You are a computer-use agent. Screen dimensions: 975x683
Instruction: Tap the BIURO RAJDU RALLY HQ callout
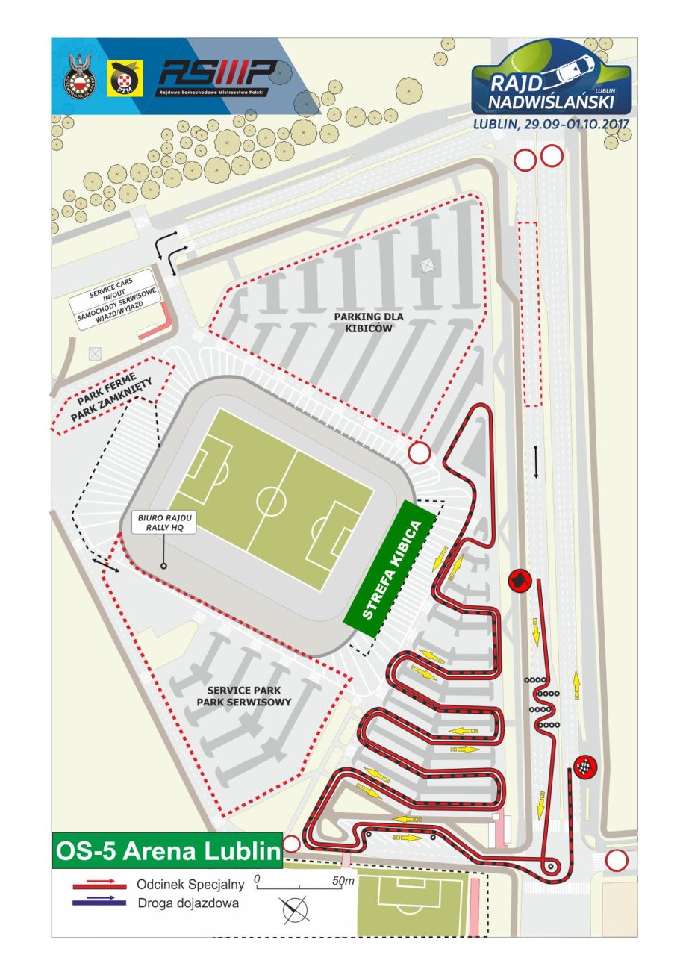click(163, 522)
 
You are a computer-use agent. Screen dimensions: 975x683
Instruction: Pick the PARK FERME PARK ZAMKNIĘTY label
click(112, 394)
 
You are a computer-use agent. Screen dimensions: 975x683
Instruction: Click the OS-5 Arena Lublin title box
click(166, 850)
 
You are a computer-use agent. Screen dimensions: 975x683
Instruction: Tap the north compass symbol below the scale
click(295, 910)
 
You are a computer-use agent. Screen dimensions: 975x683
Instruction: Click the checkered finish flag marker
click(586, 767)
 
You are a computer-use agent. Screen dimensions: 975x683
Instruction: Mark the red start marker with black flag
click(518, 579)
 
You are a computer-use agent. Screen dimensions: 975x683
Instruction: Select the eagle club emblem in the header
click(79, 77)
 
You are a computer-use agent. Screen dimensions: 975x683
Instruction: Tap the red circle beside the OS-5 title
click(291, 844)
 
